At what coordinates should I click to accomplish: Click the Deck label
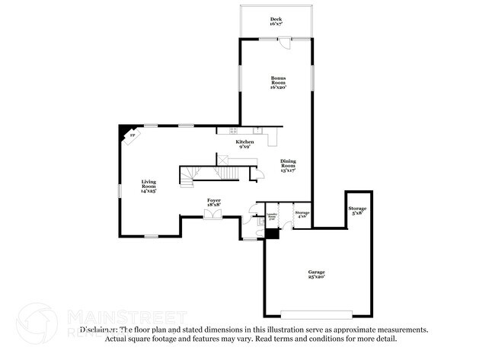[x=275, y=21]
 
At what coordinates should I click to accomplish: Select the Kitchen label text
[x=244, y=144]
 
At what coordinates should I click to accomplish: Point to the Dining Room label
[x=288, y=166]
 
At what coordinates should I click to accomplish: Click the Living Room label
[x=148, y=186]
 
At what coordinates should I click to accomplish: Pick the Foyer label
[x=214, y=202]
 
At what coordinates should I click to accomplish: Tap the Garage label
[x=316, y=275]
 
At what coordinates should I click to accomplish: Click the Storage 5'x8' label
[x=357, y=211]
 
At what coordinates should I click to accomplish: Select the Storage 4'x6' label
[x=302, y=215]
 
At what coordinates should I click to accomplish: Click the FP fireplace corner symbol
[x=130, y=135]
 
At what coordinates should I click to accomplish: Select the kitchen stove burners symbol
[x=259, y=131]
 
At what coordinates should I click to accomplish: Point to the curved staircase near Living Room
[x=189, y=176]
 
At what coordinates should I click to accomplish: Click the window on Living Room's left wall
[x=119, y=190]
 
